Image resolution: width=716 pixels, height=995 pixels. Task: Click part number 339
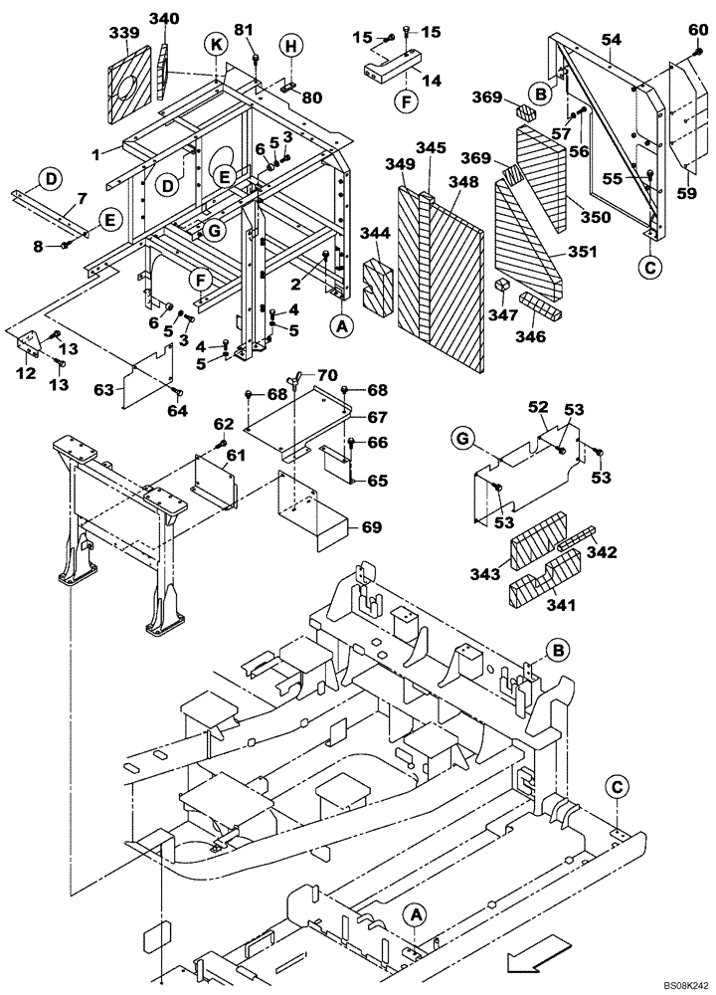[x=123, y=34]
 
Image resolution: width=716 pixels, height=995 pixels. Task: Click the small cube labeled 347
[x=503, y=287]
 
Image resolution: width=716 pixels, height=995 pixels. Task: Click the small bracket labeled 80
[x=313, y=98]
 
